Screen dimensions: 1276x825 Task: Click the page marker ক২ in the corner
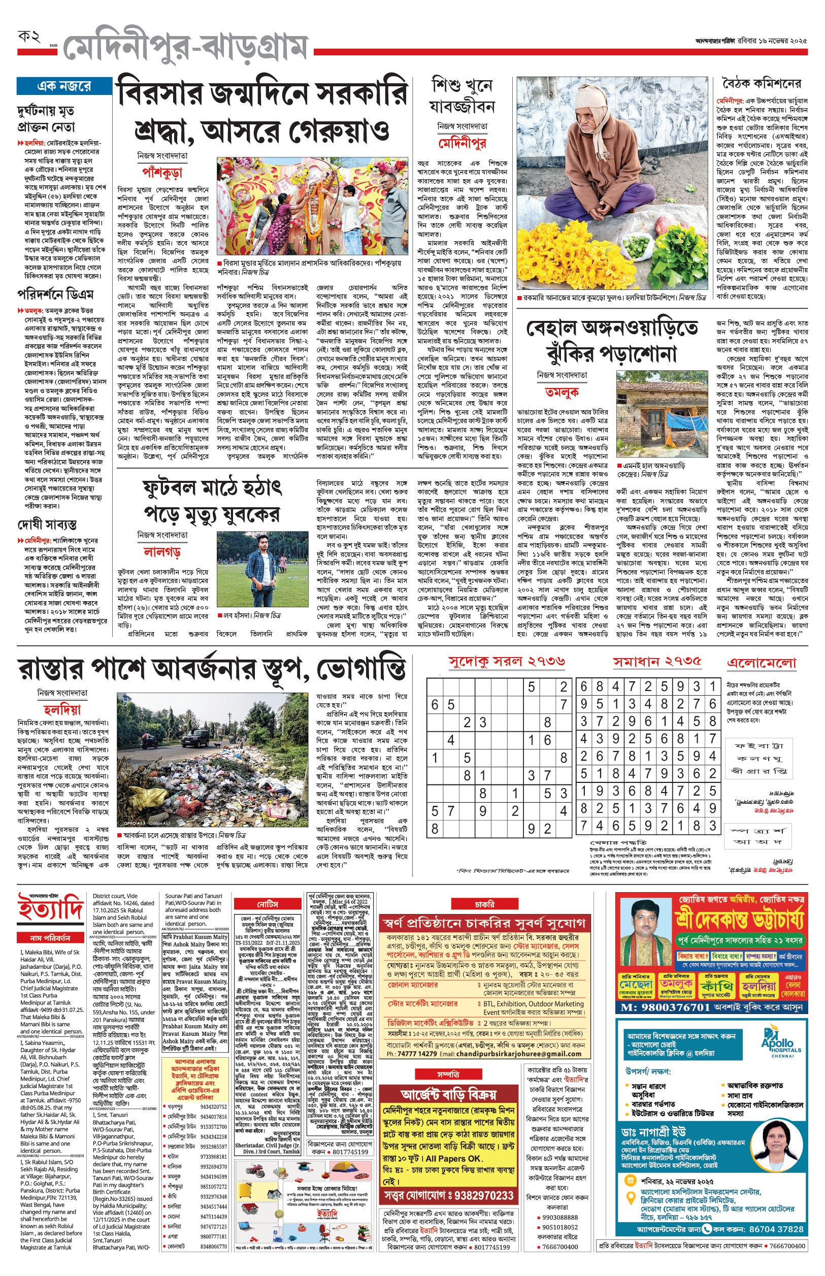click(x=29, y=38)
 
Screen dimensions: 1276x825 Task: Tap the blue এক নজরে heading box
click(x=64, y=86)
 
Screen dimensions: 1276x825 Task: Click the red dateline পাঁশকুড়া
click(x=162, y=173)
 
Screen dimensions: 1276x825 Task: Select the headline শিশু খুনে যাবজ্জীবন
click(x=462, y=95)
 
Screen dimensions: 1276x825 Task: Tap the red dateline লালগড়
click(x=162, y=551)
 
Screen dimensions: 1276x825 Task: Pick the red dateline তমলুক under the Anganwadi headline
click(x=562, y=392)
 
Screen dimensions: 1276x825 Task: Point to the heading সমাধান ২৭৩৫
click(x=657, y=662)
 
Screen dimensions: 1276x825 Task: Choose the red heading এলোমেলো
click(x=761, y=663)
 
